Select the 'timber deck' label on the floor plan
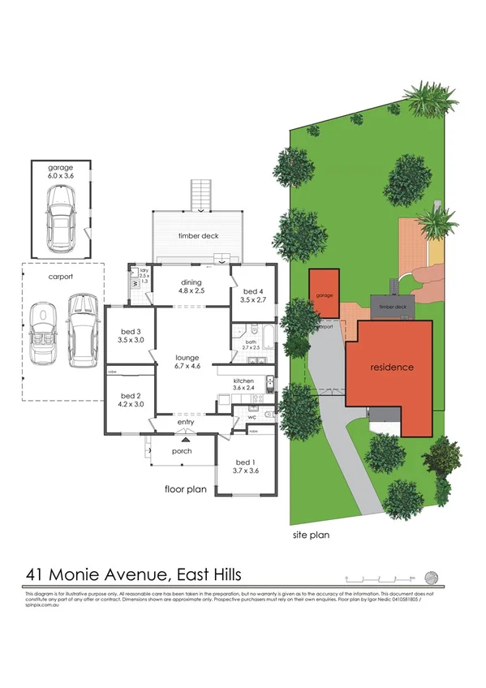[x=198, y=236]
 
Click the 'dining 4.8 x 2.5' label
[x=191, y=285]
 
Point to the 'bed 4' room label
[x=252, y=295]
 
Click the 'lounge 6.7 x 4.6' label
[x=187, y=361]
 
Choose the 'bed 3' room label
[x=131, y=336]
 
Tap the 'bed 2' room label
[x=131, y=398]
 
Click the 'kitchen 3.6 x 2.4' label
[x=244, y=385]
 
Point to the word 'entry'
[x=186, y=422]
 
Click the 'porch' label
[x=181, y=452]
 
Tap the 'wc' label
[x=262, y=418]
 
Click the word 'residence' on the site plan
[x=392, y=368]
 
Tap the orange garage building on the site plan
[x=325, y=296]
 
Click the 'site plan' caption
[x=311, y=535]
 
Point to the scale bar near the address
[x=381, y=578]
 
